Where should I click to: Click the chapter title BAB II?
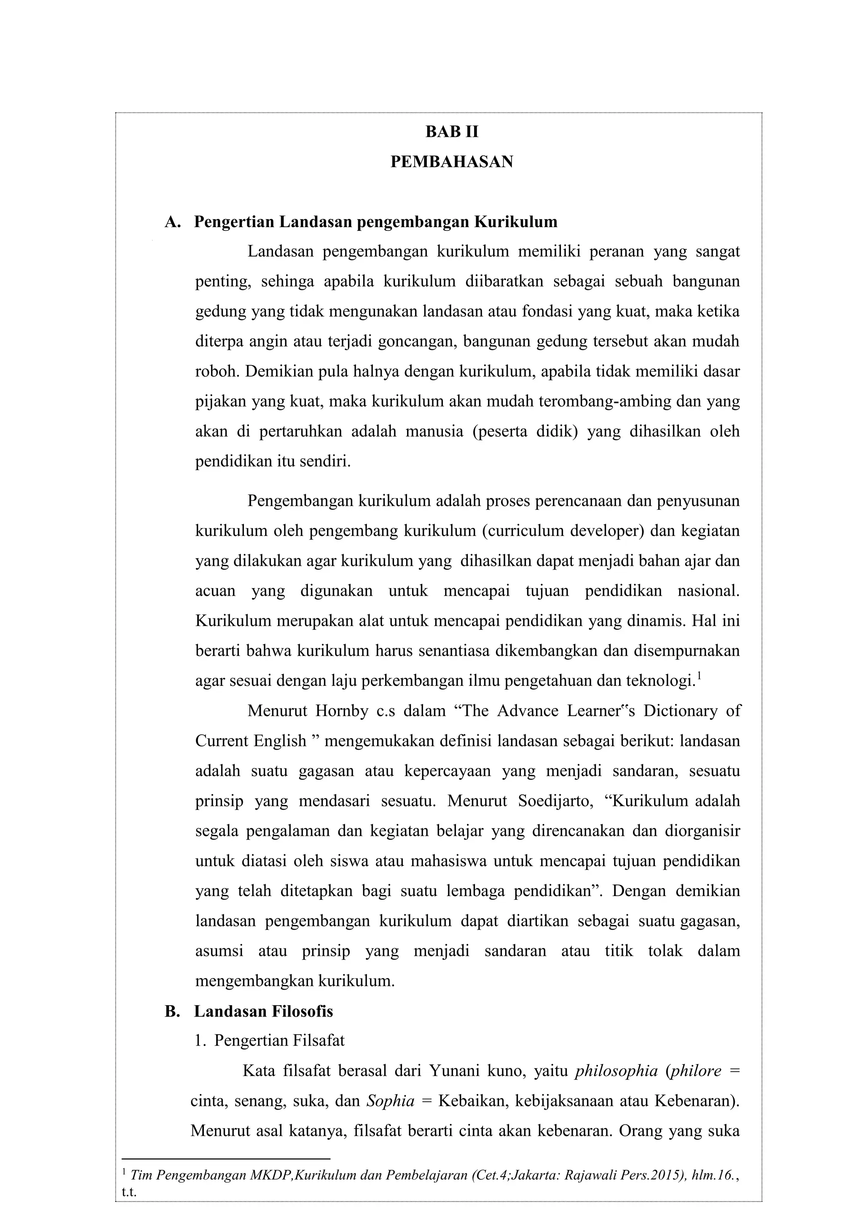pos(452,132)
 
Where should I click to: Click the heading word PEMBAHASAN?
pos(452,161)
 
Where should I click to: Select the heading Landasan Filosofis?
pos(263,1011)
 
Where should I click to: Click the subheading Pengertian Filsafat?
pos(279,1041)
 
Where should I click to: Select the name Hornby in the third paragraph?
pos(343,711)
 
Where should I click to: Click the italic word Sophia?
pos(391,1101)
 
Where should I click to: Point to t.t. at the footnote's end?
pos(129,1192)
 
